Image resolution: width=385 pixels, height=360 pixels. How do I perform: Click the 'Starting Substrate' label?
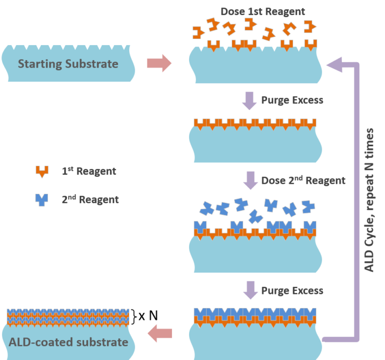(x=68, y=64)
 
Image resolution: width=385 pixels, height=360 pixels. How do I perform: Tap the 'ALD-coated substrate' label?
(x=68, y=342)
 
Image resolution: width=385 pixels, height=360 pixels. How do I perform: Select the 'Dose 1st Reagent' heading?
(x=263, y=11)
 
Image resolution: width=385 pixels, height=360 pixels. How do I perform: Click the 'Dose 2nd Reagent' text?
(x=303, y=180)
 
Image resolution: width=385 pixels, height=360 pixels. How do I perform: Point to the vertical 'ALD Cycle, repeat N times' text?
(x=369, y=200)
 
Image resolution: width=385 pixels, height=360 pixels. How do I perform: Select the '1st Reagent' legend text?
(x=89, y=171)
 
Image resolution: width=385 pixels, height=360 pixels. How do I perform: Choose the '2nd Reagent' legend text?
(x=90, y=199)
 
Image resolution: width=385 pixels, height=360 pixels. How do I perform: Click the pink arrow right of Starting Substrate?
(x=159, y=64)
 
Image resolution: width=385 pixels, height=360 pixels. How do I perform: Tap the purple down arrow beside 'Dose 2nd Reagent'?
(x=249, y=180)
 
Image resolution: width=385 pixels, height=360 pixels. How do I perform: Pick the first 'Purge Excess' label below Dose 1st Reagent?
(x=292, y=100)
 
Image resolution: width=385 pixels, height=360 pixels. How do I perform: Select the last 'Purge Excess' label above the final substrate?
(x=292, y=290)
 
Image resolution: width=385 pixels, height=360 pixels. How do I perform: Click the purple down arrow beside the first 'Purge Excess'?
(x=249, y=100)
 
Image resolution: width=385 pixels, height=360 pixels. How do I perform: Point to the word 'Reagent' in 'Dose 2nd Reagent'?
(x=324, y=180)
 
